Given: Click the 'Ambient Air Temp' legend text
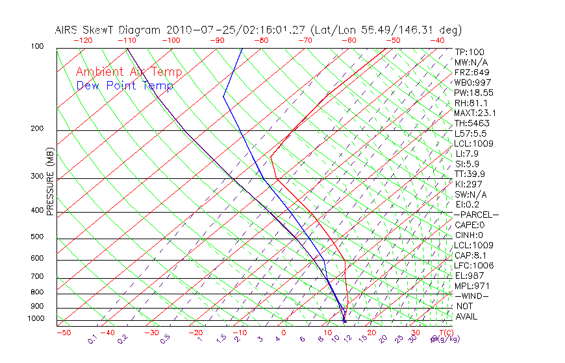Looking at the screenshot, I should tap(129, 72).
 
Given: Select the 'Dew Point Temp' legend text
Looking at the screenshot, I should tap(125, 86).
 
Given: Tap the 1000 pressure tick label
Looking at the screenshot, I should tap(36, 319).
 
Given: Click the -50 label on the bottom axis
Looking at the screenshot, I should tap(63, 333).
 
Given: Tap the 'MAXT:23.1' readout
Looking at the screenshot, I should tap(476, 113).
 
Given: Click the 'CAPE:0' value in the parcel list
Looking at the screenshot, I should tap(471, 225).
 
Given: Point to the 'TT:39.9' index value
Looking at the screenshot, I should tap(471, 174).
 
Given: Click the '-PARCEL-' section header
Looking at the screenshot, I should tap(476, 215).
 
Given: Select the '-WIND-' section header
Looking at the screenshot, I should tap(472, 296).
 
